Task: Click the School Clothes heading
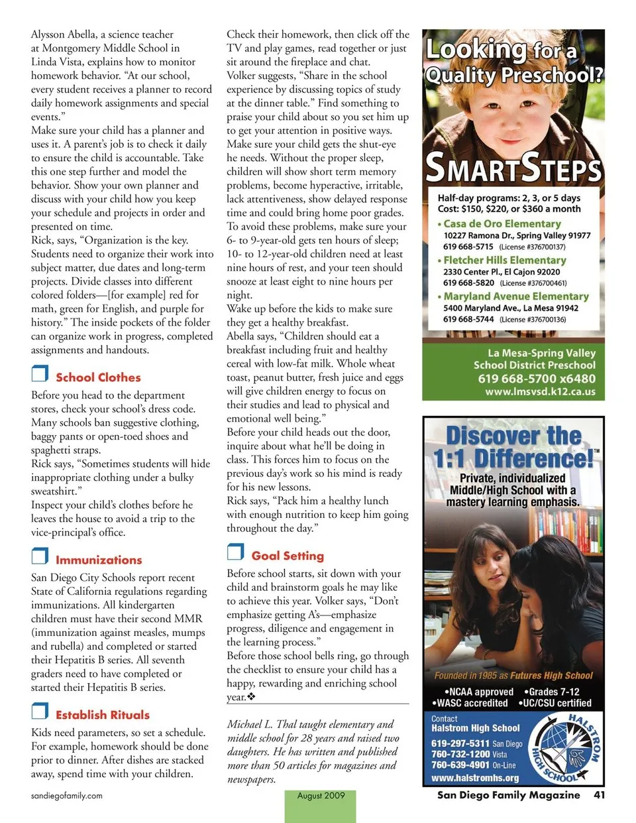(98, 377)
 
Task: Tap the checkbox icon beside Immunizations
(40, 556)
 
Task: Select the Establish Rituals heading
(103, 715)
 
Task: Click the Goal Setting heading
(288, 556)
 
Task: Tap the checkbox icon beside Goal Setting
(235, 552)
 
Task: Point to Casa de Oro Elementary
(502, 224)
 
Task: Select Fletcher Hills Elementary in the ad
(504, 260)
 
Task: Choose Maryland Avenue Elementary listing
(515, 296)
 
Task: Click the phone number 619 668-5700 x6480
(537, 379)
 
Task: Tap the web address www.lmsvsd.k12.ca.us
(540, 392)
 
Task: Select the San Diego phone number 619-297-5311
(460, 743)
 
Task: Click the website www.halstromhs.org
(475, 778)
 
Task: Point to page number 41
(599, 794)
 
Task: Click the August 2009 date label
(321, 796)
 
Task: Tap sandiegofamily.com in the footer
(67, 795)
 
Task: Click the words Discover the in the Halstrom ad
(513, 436)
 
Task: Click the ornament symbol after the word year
(251, 697)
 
